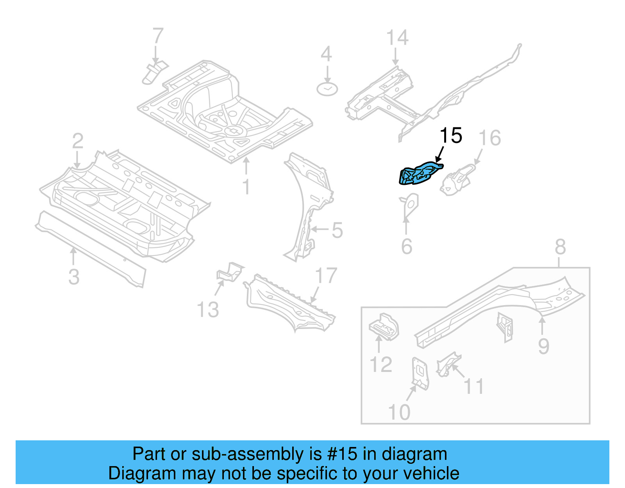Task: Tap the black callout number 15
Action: point(451,136)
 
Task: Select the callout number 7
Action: point(157,36)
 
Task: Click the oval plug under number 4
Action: point(327,89)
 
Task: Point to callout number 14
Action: point(397,38)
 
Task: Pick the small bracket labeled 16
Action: point(457,181)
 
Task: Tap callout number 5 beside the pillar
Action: point(337,230)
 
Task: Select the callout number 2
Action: point(78,141)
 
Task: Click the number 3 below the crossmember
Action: point(74,277)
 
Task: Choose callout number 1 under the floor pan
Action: point(246,187)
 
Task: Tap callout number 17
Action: point(326,275)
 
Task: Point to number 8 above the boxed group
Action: point(560,247)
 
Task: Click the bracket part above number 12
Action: point(384,327)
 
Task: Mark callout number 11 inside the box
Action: point(473,386)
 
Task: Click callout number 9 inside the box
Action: point(543,346)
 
